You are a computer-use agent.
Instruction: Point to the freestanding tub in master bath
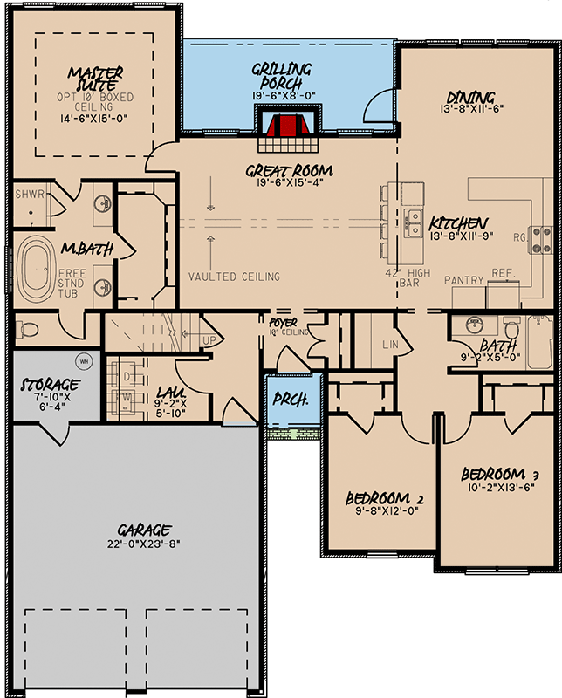point(38,270)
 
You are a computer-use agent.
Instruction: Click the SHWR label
point(29,195)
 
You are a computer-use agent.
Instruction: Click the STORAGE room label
point(50,385)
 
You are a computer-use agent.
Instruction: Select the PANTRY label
point(463,280)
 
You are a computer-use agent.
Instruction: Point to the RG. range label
point(519,236)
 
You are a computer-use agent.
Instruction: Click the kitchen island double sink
point(410,222)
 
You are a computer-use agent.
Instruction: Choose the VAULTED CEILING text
point(234,277)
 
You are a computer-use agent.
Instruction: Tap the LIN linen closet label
point(390,344)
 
